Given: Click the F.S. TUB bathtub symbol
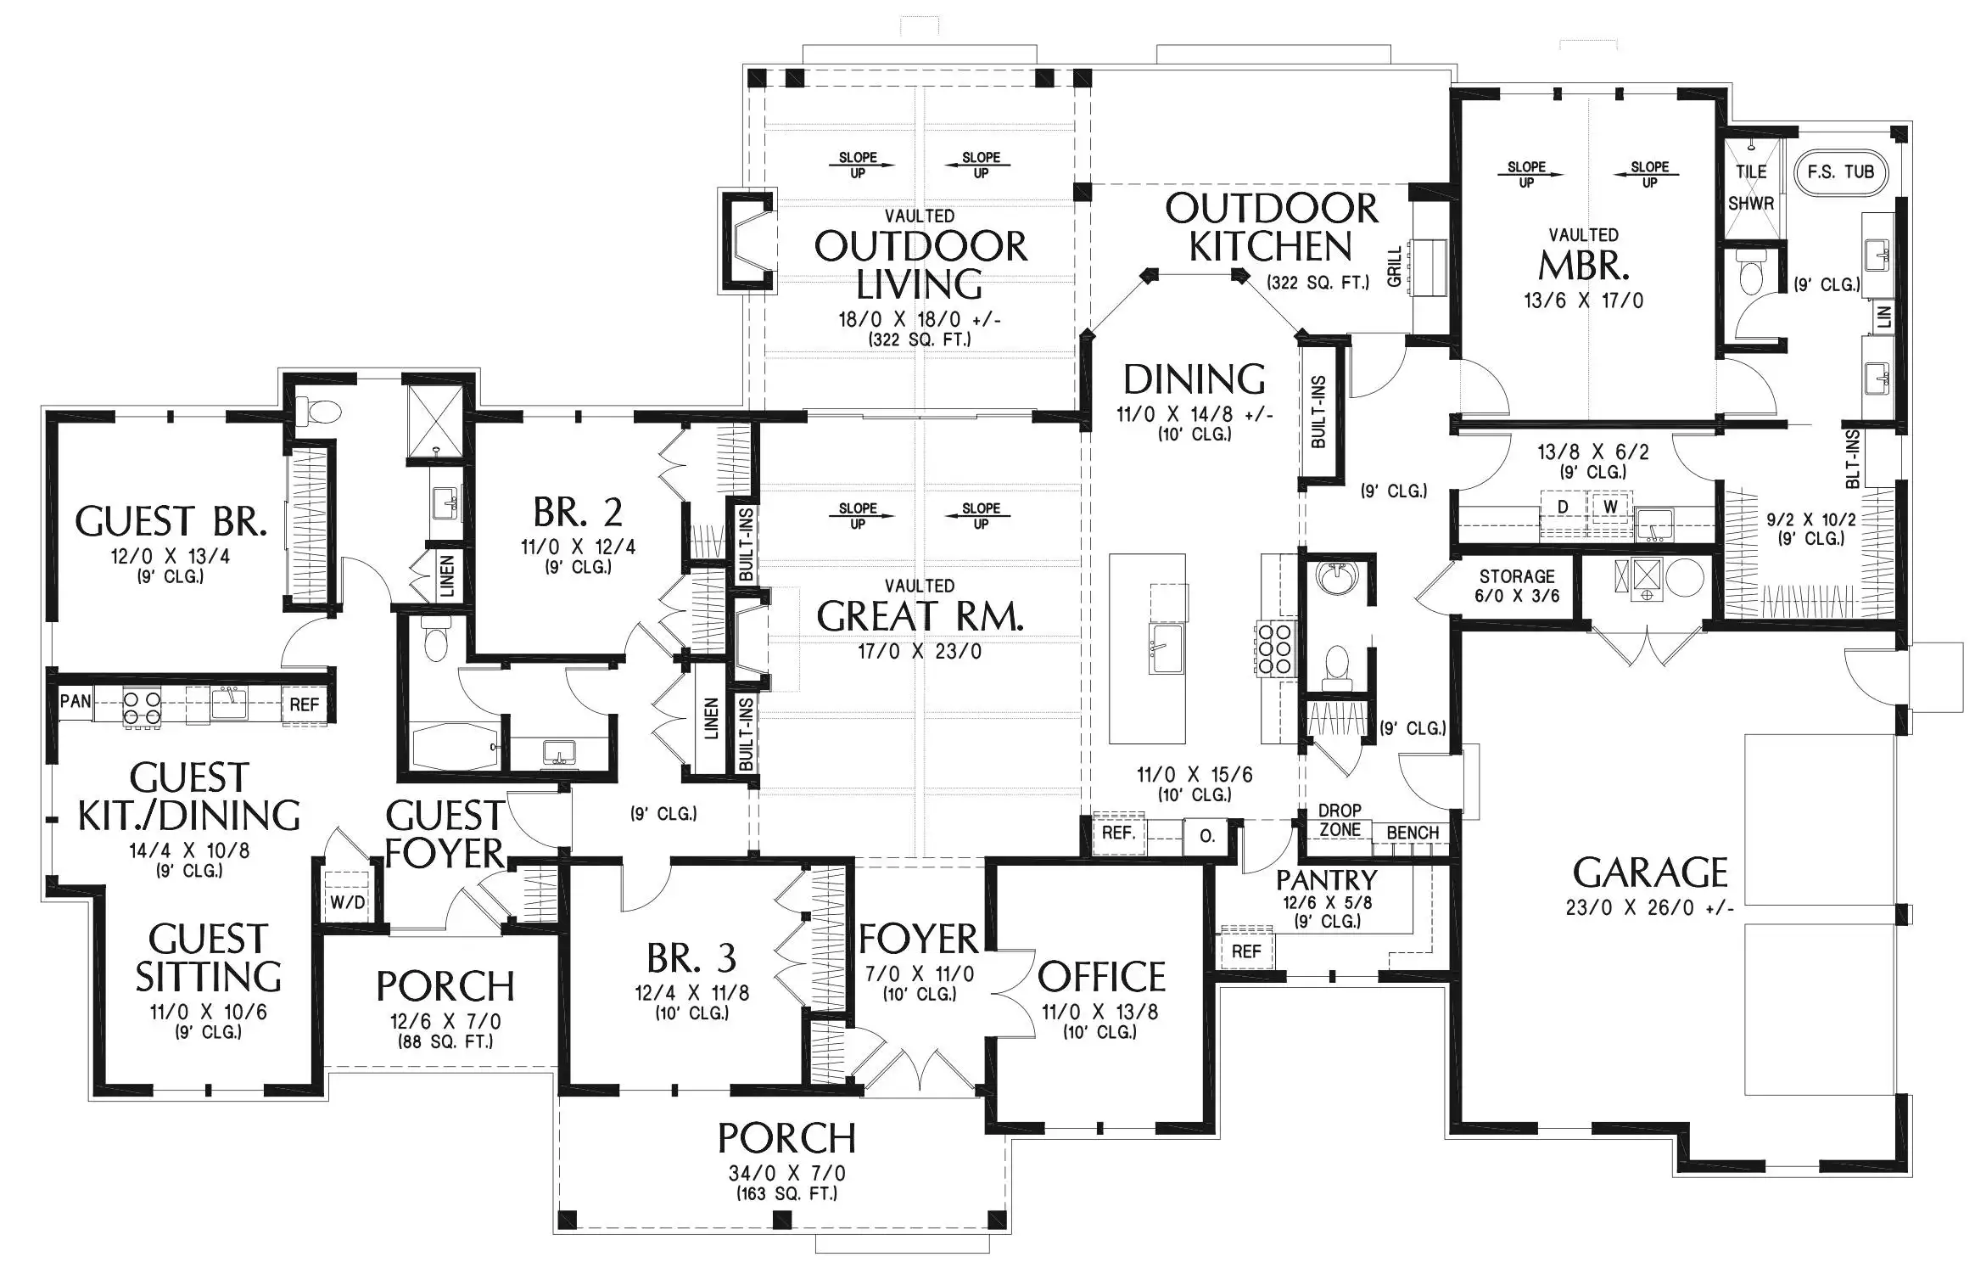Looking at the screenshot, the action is [1841, 172].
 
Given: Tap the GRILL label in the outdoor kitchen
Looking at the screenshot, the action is [1394, 267].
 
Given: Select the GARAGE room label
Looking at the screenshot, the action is [1649, 873].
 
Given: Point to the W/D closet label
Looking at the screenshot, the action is [347, 901].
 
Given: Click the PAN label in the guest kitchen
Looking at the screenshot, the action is [76, 702].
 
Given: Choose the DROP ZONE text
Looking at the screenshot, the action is [1340, 820].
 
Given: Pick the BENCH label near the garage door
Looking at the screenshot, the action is [1413, 833].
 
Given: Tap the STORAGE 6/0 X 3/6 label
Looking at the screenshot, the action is [1517, 586].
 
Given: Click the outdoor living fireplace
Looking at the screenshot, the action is [747, 240].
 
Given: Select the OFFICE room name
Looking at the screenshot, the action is [1101, 977].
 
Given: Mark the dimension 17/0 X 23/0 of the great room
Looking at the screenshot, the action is [920, 652].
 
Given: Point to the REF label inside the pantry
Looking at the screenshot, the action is [1246, 951].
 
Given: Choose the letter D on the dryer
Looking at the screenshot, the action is [1563, 507].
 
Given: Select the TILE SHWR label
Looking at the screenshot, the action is [1751, 188].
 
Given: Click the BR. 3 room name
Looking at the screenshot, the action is [691, 958].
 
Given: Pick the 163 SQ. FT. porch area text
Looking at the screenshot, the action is [786, 1193].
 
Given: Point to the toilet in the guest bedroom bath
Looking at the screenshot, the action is [319, 412].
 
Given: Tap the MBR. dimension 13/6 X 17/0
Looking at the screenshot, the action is [1583, 300].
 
